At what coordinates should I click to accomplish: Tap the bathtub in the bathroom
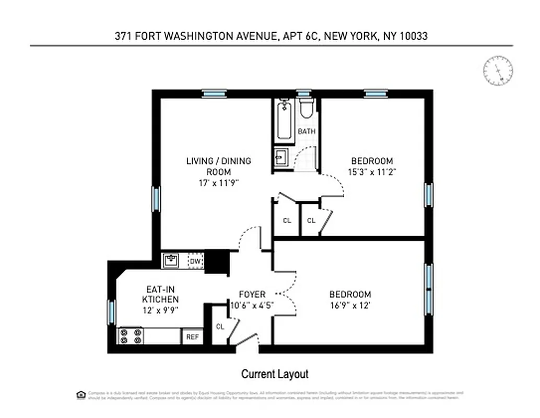coord(284,121)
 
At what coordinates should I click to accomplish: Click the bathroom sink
coord(281,156)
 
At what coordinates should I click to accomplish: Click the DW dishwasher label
coord(195,261)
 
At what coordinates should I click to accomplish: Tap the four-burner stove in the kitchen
coord(131,336)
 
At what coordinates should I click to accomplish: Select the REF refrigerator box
coord(192,337)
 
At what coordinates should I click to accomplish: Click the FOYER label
coord(252,294)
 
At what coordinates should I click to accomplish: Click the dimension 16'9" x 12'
coord(350,306)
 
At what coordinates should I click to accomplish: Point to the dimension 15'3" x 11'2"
coord(371,171)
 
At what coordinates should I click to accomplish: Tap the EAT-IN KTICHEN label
coord(162,294)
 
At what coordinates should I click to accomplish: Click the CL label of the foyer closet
coord(220,327)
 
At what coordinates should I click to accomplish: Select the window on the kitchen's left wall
coord(111,312)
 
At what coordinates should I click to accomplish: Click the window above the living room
coord(214,94)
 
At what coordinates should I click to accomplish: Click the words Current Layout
coord(274,374)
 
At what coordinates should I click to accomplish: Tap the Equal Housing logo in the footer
coord(80,393)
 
